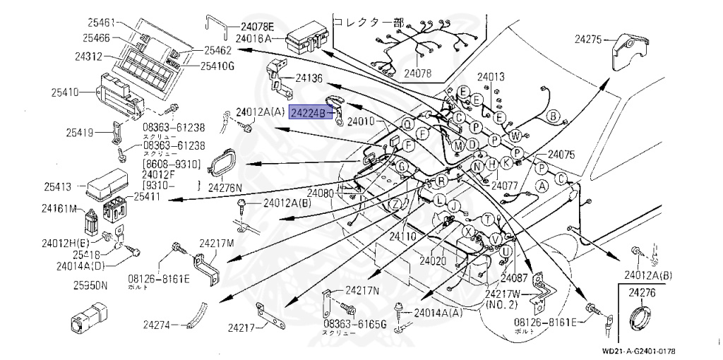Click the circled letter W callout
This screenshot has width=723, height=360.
tap(515, 136)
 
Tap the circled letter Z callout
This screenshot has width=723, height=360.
tap(397, 204)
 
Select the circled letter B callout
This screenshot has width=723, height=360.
tap(553, 116)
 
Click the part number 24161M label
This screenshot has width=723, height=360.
tap(59, 208)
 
